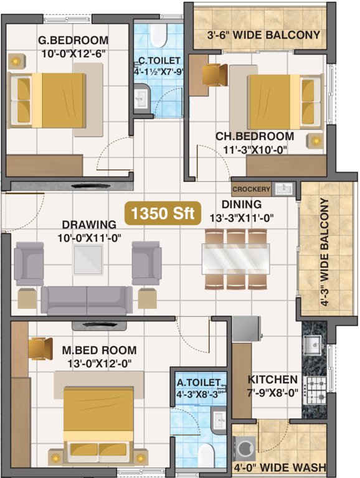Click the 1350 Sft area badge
point(161,213)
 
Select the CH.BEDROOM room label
point(255,136)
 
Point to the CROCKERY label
point(251,189)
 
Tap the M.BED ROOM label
point(100,350)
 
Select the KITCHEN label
point(272,380)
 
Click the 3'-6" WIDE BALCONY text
point(263,35)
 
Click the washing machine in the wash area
point(244,448)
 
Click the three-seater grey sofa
point(87,301)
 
